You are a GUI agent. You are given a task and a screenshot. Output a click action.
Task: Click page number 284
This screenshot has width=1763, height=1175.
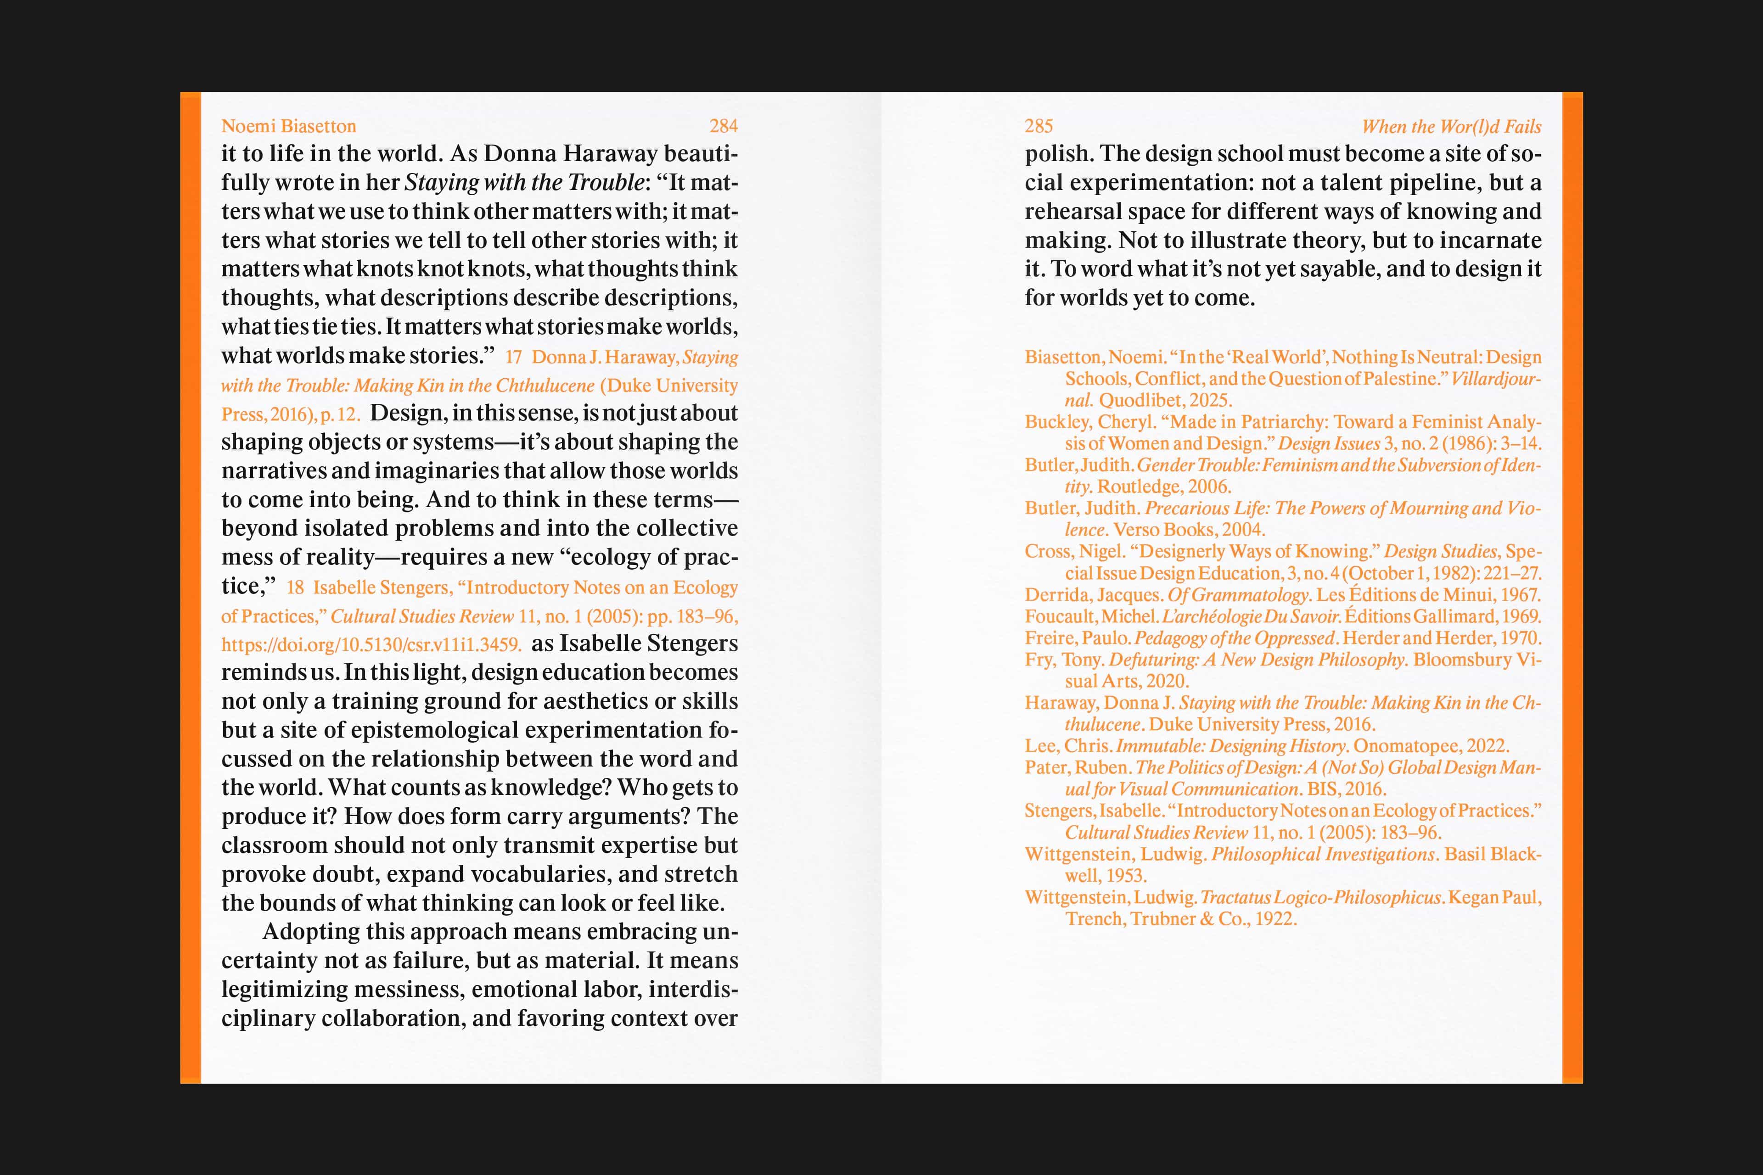click(x=724, y=126)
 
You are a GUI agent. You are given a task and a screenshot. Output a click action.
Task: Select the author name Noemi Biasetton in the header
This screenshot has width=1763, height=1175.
click(x=289, y=126)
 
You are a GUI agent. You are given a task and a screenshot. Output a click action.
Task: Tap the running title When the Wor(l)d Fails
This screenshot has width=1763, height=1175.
click(x=1451, y=127)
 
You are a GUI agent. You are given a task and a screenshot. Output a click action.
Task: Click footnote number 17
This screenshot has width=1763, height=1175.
click(x=513, y=358)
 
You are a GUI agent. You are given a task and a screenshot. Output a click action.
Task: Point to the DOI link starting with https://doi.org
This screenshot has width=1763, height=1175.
click(x=371, y=644)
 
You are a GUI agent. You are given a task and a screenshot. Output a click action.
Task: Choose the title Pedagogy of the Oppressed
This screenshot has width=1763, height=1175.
click(x=1235, y=638)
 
